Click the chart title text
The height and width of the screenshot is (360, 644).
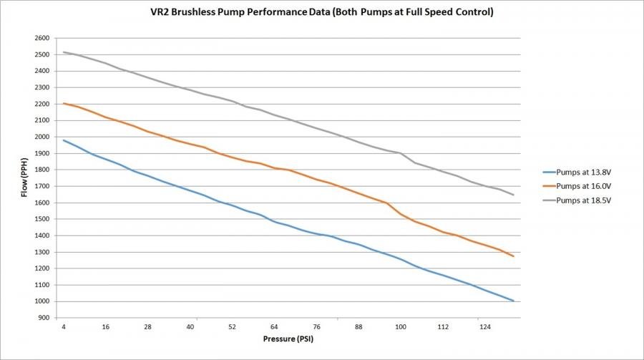coord(322,13)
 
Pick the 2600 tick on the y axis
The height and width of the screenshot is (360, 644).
coord(42,38)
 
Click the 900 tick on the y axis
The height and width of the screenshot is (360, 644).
coord(44,317)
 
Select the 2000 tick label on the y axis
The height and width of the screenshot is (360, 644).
coord(42,137)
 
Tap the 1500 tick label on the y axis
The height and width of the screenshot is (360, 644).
coord(42,219)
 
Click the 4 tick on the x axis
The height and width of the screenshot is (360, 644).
coord(64,326)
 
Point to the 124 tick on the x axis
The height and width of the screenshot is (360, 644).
coord(484,326)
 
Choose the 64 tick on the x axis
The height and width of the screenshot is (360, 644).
coord(274,326)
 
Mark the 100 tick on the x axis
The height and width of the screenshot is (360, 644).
coord(400,326)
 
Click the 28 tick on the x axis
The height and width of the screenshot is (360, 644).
coord(148,326)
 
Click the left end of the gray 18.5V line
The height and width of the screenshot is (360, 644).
coord(64,52)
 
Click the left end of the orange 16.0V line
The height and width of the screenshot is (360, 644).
coord(64,103)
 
